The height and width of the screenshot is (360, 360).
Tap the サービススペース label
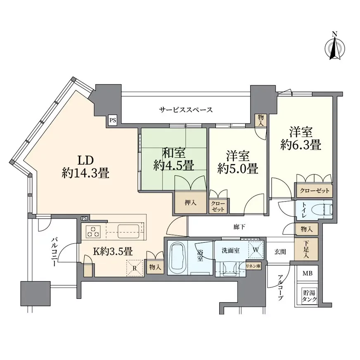(x=186, y=110)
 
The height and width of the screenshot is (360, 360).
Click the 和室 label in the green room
(x=174, y=153)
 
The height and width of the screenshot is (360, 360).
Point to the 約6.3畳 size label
(x=301, y=145)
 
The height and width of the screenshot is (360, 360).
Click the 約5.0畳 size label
(x=238, y=169)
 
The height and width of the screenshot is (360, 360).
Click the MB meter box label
(x=307, y=273)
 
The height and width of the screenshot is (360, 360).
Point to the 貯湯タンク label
(x=309, y=296)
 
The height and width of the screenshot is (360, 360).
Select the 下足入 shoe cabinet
(x=306, y=249)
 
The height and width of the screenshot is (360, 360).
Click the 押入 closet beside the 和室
(x=191, y=202)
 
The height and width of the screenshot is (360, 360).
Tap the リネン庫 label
(x=253, y=266)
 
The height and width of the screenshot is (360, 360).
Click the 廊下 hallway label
(x=239, y=227)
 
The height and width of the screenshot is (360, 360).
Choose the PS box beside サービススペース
(x=112, y=120)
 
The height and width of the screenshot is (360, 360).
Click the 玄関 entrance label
(x=280, y=252)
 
